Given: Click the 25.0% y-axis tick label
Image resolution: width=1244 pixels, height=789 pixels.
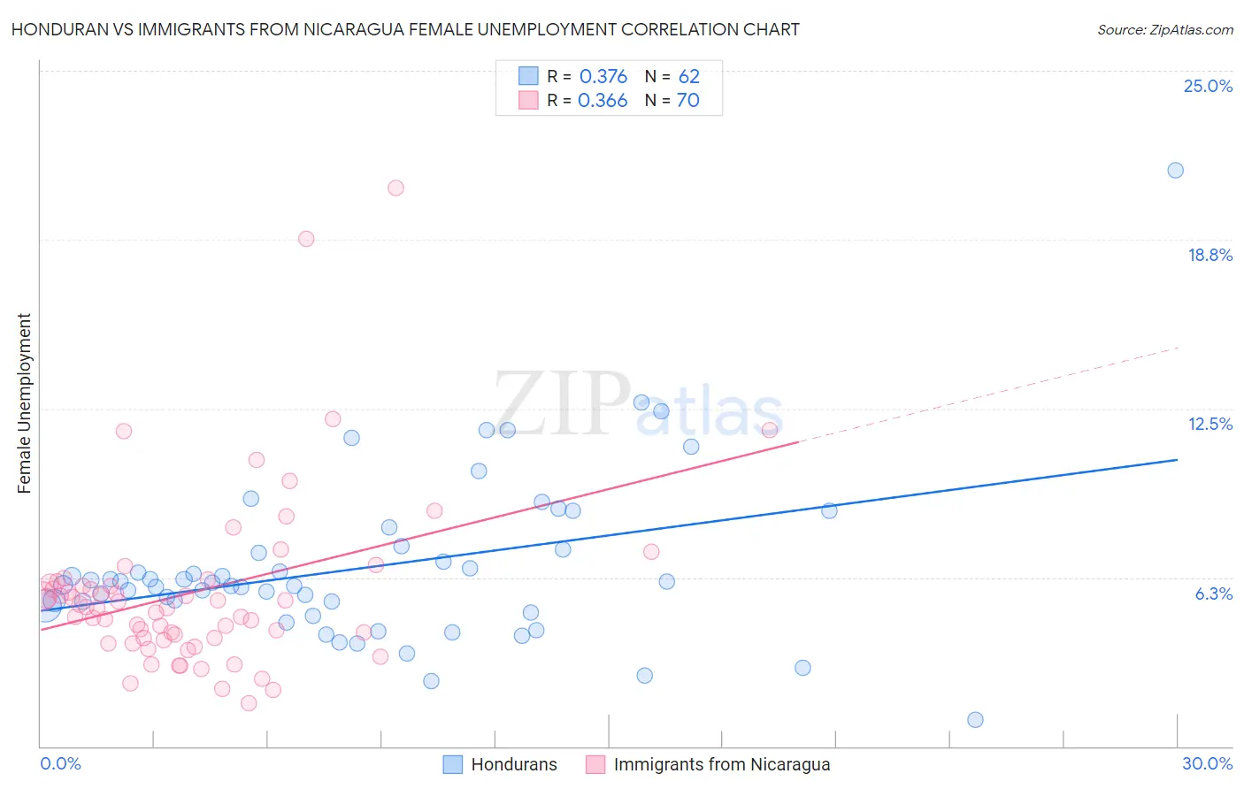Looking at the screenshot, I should [1208, 86].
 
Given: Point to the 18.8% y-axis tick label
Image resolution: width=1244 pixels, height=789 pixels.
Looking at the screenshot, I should [1209, 255].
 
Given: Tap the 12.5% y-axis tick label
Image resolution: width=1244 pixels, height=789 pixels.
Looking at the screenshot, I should [1209, 424].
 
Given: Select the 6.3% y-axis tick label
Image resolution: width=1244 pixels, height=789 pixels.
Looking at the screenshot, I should [1213, 594].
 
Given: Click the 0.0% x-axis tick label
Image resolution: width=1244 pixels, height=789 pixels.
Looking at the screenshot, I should [60, 763].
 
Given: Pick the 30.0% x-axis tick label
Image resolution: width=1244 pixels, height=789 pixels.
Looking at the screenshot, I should [1207, 763].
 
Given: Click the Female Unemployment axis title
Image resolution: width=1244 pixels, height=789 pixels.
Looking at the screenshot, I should [24, 402].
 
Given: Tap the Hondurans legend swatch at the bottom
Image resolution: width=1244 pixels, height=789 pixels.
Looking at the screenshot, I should [453, 764].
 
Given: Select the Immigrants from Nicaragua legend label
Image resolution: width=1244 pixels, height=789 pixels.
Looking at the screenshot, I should [721, 764].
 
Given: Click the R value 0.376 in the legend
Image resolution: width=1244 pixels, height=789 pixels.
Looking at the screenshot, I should [603, 76].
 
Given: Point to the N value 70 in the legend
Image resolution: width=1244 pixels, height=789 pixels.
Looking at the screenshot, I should [687, 100].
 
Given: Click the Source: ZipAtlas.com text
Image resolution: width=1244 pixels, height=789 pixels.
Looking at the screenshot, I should [1164, 29].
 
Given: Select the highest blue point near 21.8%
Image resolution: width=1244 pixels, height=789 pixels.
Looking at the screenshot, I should [1175, 170].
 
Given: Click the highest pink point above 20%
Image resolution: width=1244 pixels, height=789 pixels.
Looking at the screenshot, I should [395, 188].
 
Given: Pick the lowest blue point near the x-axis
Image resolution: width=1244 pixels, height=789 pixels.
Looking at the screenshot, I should [975, 719].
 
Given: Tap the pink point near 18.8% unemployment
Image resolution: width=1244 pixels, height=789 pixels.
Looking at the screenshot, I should [306, 238].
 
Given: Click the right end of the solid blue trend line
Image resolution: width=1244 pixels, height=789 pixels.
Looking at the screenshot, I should [1177, 460].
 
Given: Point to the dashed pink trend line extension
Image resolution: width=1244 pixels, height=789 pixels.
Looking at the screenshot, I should [991, 394].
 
